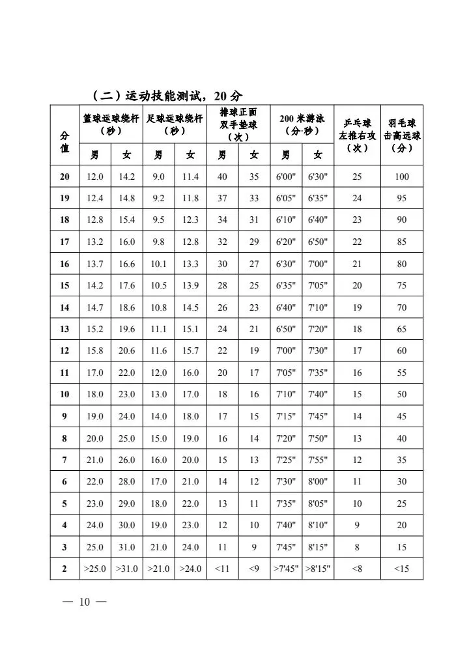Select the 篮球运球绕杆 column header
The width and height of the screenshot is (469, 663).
click(x=111, y=124)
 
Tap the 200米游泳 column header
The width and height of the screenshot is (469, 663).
click(x=302, y=124)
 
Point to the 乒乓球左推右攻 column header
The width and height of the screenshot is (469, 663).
click(x=357, y=135)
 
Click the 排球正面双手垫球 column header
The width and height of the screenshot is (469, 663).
click(x=238, y=124)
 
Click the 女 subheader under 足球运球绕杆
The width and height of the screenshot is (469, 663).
click(x=190, y=155)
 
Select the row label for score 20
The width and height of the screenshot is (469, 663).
click(x=64, y=176)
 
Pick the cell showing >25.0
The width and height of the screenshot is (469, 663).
click(x=95, y=569)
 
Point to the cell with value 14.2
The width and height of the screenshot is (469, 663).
click(x=126, y=176)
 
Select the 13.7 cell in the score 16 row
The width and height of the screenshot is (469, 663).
click(x=95, y=264)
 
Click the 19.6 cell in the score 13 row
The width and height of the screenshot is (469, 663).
click(x=126, y=329)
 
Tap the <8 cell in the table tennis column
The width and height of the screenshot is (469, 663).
click(x=357, y=569)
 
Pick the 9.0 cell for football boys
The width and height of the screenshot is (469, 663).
click(x=158, y=176)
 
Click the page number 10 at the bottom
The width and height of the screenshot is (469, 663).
click(x=84, y=602)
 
